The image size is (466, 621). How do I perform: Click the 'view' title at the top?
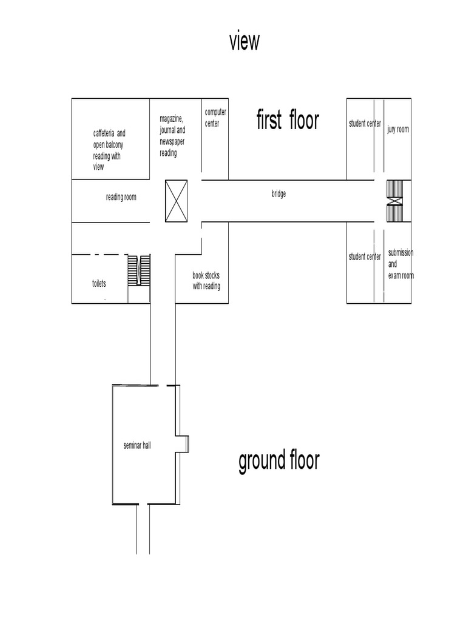pyautogui.click(x=245, y=42)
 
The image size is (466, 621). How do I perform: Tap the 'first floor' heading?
pyautogui.click(x=287, y=120)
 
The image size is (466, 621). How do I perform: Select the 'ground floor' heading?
pyautogui.click(x=279, y=461)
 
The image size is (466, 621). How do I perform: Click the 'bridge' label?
pyautogui.click(x=279, y=194)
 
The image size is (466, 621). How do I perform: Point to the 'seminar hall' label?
pyautogui.click(x=137, y=445)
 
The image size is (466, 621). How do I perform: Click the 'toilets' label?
pyautogui.click(x=99, y=283)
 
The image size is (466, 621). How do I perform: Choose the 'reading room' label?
pyautogui.click(x=121, y=197)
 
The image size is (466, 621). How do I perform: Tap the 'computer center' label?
pyautogui.click(x=215, y=118)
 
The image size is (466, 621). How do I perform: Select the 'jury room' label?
pyautogui.click(x=398, y=129)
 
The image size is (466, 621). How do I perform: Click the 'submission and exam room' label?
pyautogui.click(x=400, y=264)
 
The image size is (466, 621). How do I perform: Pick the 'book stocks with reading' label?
pyautogui.click(x=206, y=281)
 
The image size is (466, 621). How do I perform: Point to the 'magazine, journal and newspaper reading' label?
pyautogui.click(x=172, y=136)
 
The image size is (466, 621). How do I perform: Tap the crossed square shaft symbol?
pyautogui.click(x=177, y=201)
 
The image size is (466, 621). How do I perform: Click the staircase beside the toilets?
pyautogui.click(x=139, y=270)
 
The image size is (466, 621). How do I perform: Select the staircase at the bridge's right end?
pyautogui.click(x=395, y=201)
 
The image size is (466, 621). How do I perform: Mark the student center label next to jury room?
pyautogui.click(x=365, y=124)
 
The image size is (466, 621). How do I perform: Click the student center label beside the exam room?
pyautogui.click(x=365, y=257)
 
